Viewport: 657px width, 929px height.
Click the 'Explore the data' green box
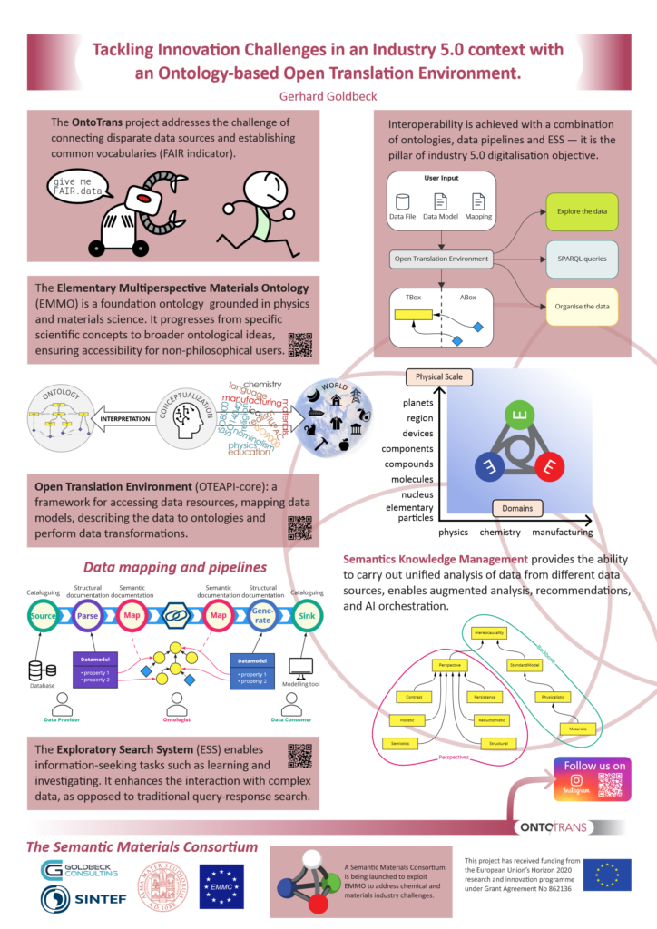[x=581, y=210]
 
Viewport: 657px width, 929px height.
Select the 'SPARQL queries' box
[x=581, y=259]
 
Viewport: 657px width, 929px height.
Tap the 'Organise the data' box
[x=581, y=307]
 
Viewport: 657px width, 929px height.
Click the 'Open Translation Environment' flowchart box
[x=443, y=259]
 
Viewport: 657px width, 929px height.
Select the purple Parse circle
[x=91, y=613]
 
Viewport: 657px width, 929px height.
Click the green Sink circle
[x=308, y=613]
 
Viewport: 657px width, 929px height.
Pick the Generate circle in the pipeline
[x=263, y=613]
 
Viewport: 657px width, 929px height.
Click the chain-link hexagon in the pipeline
[x=176, y=613]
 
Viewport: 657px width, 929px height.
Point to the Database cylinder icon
[x=41, y=670]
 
